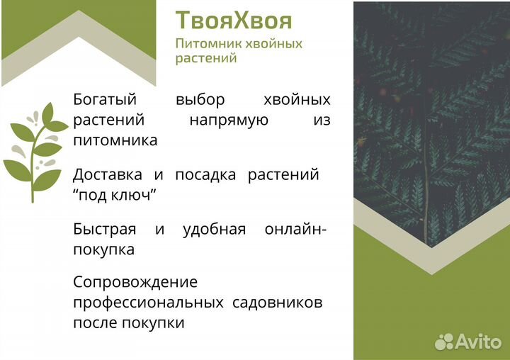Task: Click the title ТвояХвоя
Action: (x=234, y=19)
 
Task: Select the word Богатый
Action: (x=105, y=100)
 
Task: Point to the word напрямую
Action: (x=229, y=120)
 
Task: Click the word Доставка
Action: (x=108, y=174)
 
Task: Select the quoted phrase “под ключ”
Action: (x=114, y=195)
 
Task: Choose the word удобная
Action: (x=214, y=230)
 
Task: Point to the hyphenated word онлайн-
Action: (x=295, y=230)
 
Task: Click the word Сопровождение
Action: (x=135, y=282)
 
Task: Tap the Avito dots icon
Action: (x=443, y=342)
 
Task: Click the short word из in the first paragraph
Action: (x=322, y=120)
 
